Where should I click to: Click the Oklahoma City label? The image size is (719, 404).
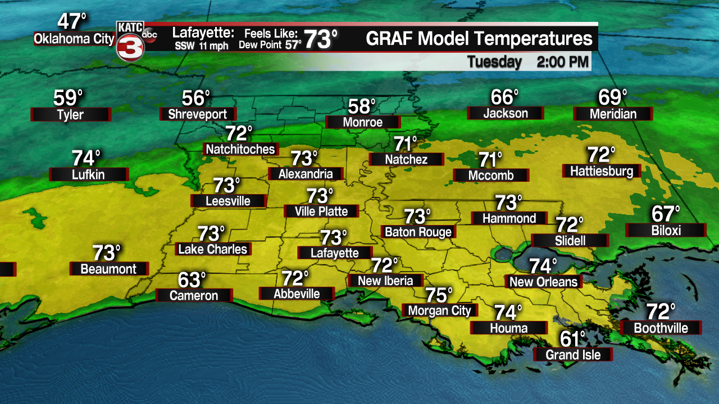(x=74, y=39)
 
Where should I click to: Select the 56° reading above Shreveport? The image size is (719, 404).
(x=196, y=98)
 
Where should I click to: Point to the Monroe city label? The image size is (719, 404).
(x=363, y=122)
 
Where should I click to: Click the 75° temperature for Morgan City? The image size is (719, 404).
(x=439, y=295)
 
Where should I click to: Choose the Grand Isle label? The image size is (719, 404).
(x=573, y=355)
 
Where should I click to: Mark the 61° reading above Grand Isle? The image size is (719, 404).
(x=574, y=339)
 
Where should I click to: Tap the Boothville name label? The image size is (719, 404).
(x=661, y=328)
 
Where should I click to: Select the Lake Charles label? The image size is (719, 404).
(x=213, y=249)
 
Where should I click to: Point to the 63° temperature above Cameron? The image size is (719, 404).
(x=193, y=279)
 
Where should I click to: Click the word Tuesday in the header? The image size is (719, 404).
(x=494, y=62)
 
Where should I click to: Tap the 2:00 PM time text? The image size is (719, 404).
(x=563, y=62)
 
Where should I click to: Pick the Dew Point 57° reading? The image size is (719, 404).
(x=270, y=45)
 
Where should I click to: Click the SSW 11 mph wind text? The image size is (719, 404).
(x=201, y=46)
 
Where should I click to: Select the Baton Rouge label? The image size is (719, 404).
(x=418, y=232)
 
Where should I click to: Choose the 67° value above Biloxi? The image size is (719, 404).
(x=666, y=214)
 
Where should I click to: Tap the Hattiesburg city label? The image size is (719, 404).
(x=602, y=171)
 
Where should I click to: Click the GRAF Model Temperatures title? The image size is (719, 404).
(x=479, y=39)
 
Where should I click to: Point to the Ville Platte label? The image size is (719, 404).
(x=322, y=212)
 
